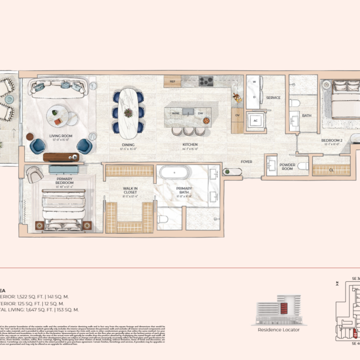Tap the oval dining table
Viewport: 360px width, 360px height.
128,112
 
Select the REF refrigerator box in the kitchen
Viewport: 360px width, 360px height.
172,81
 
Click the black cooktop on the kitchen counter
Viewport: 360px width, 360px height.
206,81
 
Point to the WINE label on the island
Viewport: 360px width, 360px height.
176,112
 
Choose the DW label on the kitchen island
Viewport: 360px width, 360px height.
200,112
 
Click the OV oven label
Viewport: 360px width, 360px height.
237,115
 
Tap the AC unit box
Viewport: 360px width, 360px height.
256,121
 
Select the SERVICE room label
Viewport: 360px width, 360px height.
273,97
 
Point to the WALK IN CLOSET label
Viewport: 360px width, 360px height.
130,190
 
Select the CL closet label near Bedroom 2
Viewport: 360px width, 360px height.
331,171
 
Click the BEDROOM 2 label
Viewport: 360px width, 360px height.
333,141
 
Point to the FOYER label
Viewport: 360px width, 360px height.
246,162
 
